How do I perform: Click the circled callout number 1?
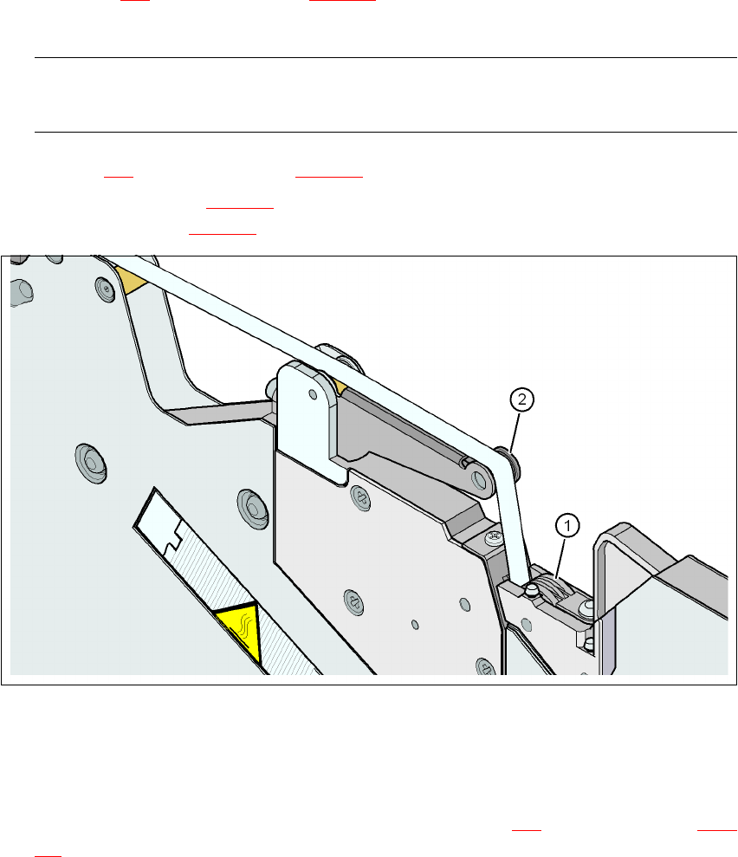tap(566, 524)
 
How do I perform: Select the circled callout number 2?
tap(519, 399)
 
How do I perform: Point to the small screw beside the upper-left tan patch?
tap(106, 286)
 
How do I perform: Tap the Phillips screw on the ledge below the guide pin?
tap(495, 538)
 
